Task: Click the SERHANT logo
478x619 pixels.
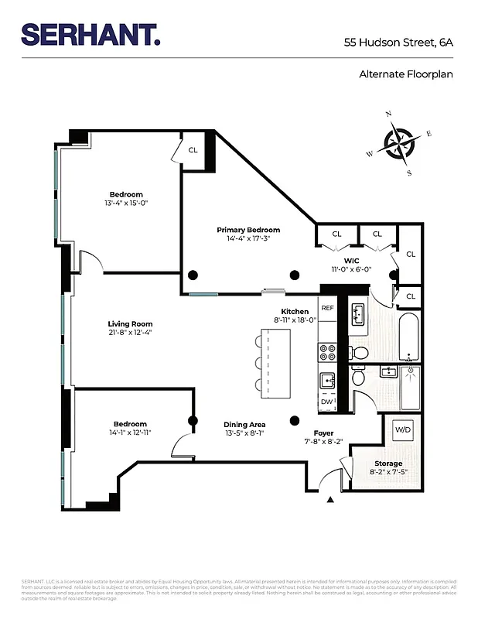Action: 91,34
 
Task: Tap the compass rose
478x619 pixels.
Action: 400,144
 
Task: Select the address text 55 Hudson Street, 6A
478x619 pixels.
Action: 398,43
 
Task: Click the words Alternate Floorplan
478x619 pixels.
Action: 405,74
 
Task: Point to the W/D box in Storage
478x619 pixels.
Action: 403,429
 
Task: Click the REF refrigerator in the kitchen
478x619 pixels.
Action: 327,308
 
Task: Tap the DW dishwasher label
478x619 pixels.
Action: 326,402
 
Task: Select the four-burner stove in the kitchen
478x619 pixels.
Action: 327,353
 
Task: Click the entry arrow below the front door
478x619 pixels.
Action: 331,500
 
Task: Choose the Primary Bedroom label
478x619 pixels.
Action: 248,230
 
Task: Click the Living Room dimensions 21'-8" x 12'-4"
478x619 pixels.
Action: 130,333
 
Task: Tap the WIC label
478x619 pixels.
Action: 352,260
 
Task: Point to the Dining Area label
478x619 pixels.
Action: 244,424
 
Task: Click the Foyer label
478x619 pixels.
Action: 323,433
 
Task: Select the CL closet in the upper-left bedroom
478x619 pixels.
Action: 193,149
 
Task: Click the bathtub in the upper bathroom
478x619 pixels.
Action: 410,337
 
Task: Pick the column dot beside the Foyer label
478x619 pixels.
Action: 294,420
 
